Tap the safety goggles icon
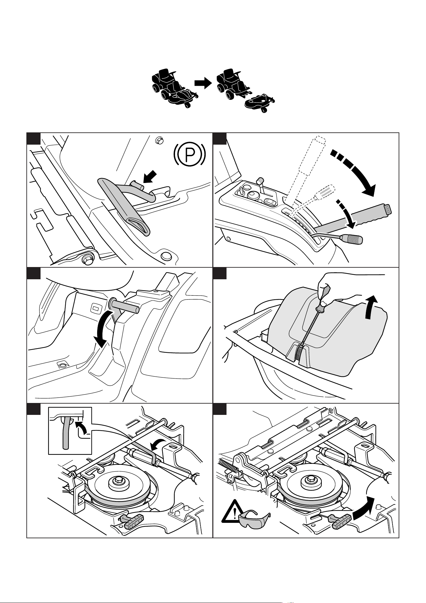255,521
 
